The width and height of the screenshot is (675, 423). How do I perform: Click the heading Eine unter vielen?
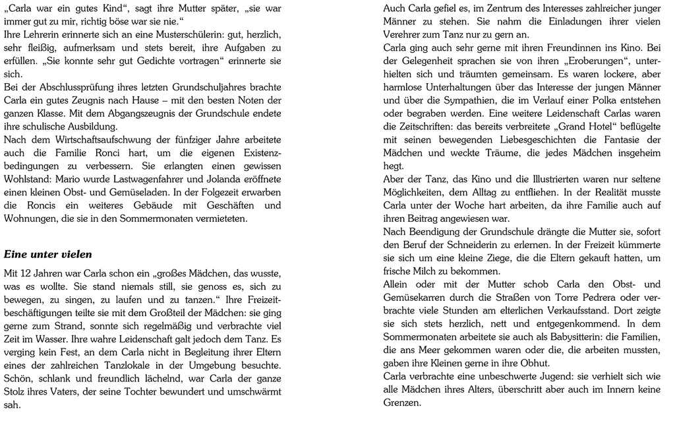tap(48, 254)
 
